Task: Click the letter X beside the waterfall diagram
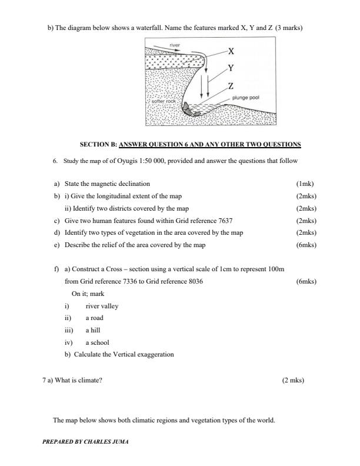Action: click(231, 51)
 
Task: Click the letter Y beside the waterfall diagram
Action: click(231, 68)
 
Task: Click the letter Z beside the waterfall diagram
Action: click(231, 86)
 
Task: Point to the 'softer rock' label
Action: click(164, 101)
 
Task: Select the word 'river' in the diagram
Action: click(175, 44)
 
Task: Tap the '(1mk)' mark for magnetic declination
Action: click(306, 184)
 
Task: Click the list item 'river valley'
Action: click(102, 306)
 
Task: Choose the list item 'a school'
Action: click(97, 342)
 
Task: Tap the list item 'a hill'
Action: click(93, 330)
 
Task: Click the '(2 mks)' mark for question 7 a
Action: click(293, 380)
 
